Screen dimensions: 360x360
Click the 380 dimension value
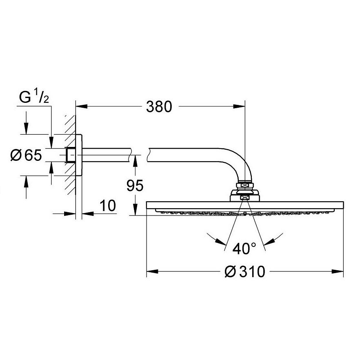click(x=159, y=107)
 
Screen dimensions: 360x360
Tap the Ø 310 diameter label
click(x=244, y=271)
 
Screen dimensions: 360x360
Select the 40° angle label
click(x=244, y=248)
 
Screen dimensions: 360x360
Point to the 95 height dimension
click(x=135, y=185)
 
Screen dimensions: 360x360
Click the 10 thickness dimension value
click(x=108, y=205)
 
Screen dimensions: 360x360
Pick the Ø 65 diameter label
click(x=26, y=155)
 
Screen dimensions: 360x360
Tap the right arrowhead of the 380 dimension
click(x=239, y=106)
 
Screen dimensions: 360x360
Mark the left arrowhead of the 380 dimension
click(x=82, y=106)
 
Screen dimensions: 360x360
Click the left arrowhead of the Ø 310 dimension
click(x=153, y=271)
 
